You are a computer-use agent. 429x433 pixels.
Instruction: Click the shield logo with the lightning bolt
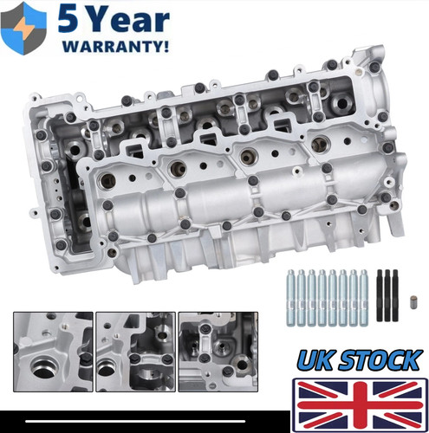(x=23, y=28)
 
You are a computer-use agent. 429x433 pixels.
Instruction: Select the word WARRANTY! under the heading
(x=115, y=46)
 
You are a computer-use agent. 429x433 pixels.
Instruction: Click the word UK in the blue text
(x=315, y=359)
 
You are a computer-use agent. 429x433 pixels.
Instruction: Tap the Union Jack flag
(x=360, y=405)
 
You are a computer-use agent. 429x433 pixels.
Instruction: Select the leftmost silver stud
(x=291, y=298)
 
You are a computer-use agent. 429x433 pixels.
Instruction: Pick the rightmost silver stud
(x=363, y=298)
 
